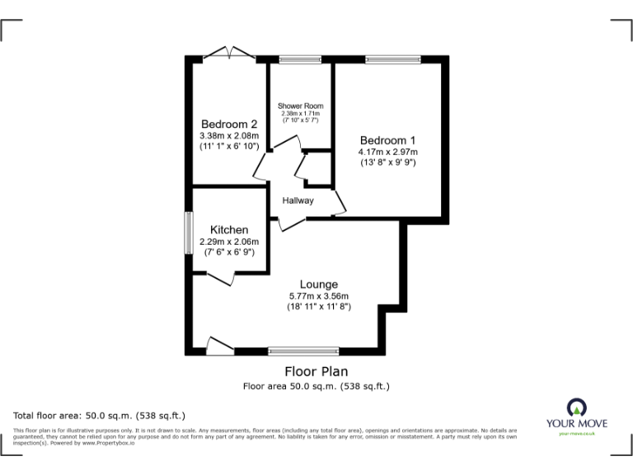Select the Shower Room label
300,106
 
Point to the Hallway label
298,200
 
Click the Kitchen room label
228,229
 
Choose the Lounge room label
318,285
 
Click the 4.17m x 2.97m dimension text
387,152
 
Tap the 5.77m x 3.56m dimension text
318,296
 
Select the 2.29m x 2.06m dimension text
228,242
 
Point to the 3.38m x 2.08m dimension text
229,136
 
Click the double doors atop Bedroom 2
227,54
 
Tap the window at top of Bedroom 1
392,59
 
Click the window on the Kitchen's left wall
188,233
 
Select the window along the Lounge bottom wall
303,350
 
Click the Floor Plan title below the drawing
316,371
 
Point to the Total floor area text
100,415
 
